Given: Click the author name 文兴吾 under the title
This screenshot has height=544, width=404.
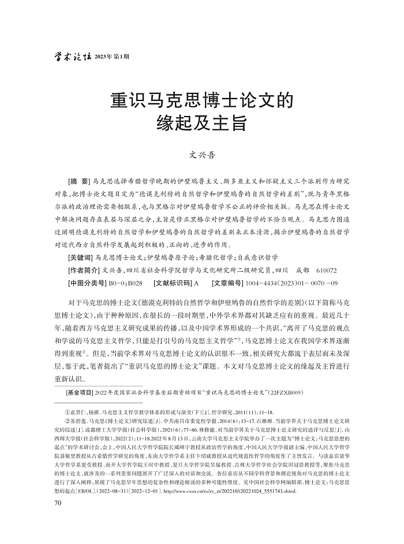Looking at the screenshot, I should pos(202,155).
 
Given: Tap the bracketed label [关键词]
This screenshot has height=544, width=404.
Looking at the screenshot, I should pos(80,257).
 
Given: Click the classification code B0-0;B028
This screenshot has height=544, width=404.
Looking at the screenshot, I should pos(125,283).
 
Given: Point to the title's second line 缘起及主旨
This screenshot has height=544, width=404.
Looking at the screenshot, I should pos(202,123).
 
